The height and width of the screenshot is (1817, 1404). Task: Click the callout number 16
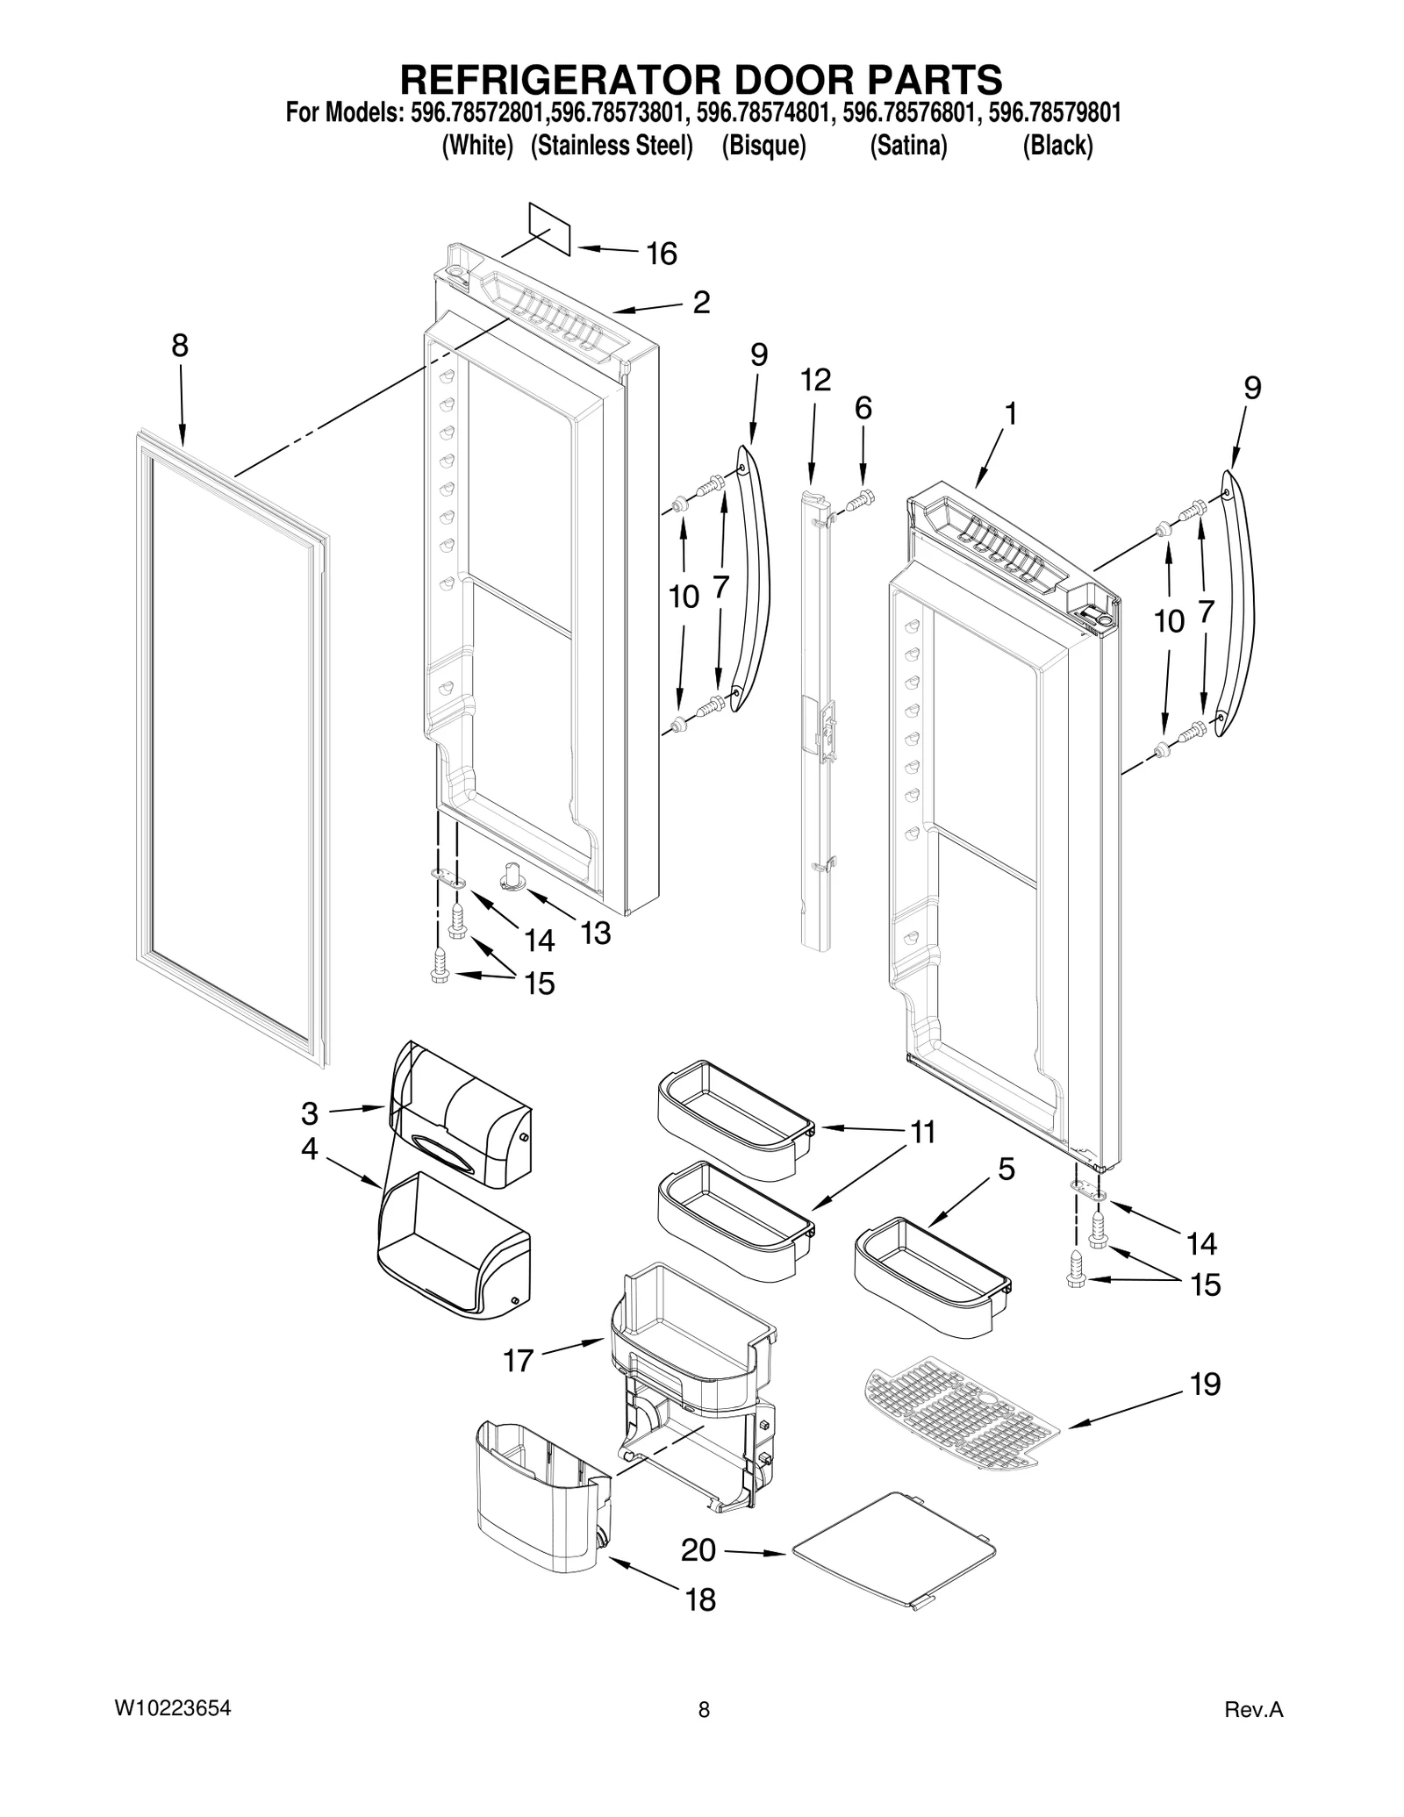pyautogui.click(x=662, y=254)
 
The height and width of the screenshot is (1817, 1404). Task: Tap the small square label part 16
pyautogui.click(x=549, y=228)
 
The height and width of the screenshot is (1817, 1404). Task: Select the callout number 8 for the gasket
pyautogui.click(x=179, y=346)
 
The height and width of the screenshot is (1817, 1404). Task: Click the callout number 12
pyautogui.click(x=815, y=380)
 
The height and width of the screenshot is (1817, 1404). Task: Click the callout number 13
pyautogui.click(x=596, y=933)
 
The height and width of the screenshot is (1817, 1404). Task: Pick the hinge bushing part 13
pyautogui.click(x=512, y=875)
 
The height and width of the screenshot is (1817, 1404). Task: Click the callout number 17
pyautogui.click(x=518, y=1361)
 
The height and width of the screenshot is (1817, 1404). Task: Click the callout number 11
pyautogui.click(x=921, y=1132)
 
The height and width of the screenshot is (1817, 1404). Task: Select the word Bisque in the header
pyautogui.click(x=763, y=146)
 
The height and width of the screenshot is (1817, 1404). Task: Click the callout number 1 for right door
pyautogui.click(x=1011, y=413)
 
